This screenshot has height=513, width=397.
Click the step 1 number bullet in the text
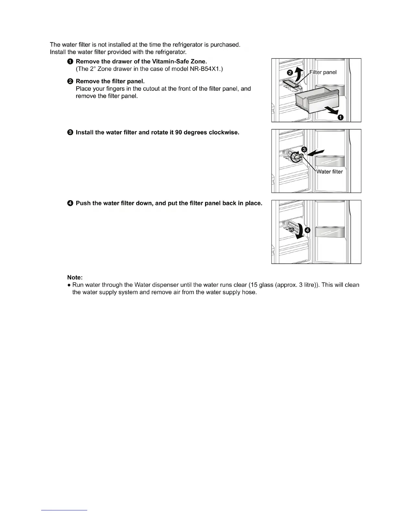coord(70,62)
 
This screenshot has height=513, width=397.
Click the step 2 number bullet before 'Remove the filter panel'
coord(70,81)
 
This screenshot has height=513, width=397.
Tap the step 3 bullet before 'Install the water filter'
coord(70,132)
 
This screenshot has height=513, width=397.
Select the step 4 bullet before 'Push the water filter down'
coord(70,203)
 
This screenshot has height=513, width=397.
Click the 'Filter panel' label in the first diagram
coord(323,72)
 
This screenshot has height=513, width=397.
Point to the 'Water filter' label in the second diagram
coord(330,172)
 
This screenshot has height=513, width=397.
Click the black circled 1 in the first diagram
coord(341,118)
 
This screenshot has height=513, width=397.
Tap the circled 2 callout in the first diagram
coord(290,73)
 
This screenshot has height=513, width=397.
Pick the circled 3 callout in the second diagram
coord(304,149)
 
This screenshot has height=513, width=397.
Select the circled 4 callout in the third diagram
coord(307,230)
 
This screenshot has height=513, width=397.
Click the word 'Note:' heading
coord(75,277)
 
